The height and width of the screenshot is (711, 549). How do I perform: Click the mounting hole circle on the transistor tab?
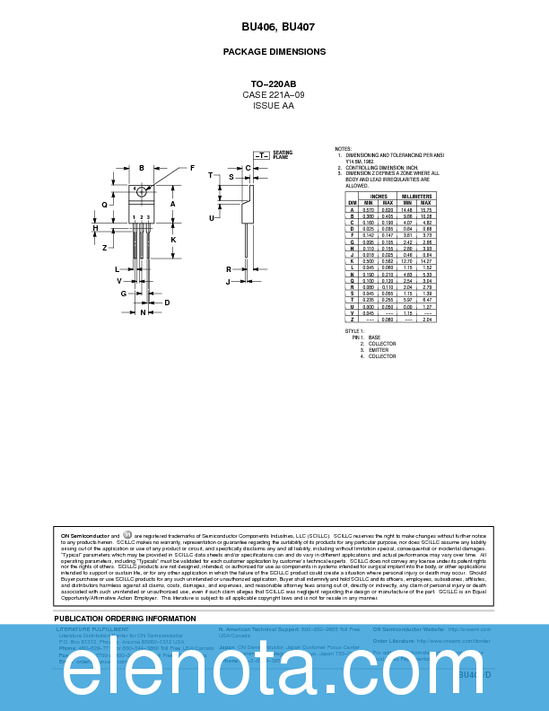[142, 192]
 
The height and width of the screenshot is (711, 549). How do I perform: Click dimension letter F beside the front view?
[192, 168]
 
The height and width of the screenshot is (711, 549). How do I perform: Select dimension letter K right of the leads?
[173, 240]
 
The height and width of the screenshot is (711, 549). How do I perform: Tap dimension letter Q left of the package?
[104, 205]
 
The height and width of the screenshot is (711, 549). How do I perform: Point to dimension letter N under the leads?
[142, 312]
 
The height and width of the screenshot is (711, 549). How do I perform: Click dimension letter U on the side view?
[213, 217]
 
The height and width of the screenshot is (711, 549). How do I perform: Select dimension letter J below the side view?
[228, 282]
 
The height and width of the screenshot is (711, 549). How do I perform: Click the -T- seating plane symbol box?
[261, 155]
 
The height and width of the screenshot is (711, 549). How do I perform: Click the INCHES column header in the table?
[379, 196]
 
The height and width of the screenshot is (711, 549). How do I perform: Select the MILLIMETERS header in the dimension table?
[416, 196]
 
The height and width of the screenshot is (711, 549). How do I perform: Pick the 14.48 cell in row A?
[406, 210]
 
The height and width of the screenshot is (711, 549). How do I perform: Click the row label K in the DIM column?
[352, 261]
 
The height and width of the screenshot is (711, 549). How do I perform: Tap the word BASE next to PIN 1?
[374, 338]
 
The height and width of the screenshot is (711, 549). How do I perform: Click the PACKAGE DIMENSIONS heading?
[274, 52]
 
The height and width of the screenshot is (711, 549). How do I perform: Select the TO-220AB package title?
[274, 83]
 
